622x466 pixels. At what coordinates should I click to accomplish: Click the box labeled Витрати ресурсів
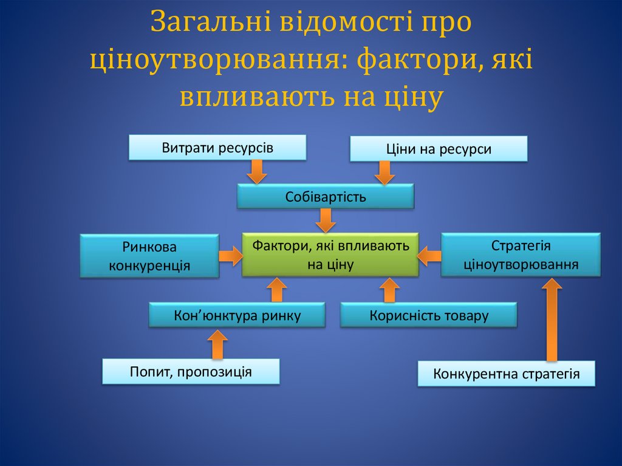[217, 148]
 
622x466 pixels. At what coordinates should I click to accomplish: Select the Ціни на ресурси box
[438, 149]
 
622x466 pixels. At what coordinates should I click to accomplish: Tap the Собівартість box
[325, 197]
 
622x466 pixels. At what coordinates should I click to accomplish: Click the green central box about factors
[330, 255]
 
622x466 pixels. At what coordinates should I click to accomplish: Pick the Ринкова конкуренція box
[149, 256]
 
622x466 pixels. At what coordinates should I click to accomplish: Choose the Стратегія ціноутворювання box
[521, 255]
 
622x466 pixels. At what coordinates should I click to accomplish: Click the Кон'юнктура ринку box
[237, 315]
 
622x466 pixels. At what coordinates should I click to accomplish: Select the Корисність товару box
[428, 315]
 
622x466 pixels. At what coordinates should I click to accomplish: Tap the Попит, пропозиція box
[190, 371]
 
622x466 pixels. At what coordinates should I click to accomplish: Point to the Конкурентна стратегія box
[506, 374]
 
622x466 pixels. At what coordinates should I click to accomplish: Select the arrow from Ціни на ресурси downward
[384, 173]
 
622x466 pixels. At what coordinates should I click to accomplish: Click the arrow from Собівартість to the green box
[326, 220]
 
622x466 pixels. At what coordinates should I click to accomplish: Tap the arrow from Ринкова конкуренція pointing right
[230, 255]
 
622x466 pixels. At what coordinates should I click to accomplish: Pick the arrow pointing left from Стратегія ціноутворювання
[429, 255]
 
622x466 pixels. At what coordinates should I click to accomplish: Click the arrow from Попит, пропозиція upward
[217, 344]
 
